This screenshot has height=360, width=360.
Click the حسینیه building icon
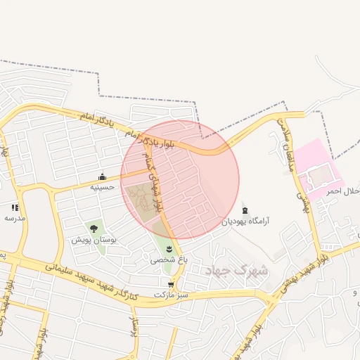[103, 176]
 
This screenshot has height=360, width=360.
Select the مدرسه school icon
[15, 207]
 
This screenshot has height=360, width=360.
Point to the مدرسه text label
[15, 218]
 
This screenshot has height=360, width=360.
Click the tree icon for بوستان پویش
[93, 228]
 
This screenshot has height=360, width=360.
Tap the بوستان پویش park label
[94, 240]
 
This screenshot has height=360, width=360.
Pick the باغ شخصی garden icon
[169, 249]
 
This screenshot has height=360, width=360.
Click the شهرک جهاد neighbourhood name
[235, 270]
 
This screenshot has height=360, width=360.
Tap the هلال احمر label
[344, 191]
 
